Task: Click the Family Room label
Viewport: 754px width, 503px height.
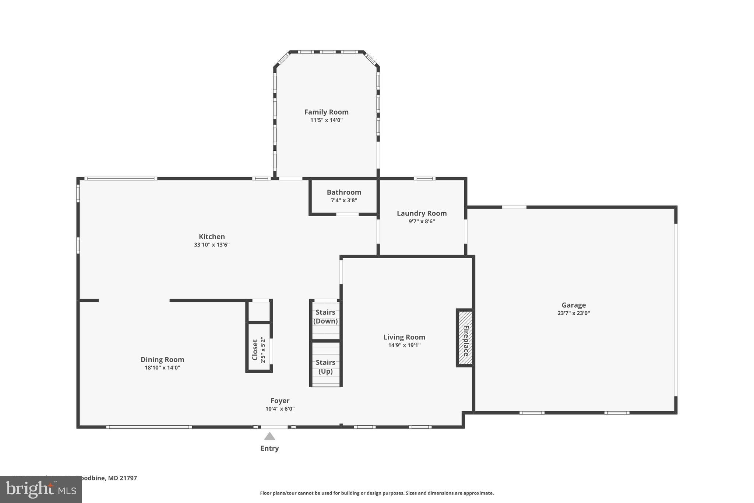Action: (326, 112)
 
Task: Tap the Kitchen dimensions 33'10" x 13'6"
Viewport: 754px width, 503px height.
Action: (212, 245)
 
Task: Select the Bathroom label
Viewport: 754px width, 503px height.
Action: (344, 192)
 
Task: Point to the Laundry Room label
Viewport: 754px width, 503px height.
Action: (422, 213)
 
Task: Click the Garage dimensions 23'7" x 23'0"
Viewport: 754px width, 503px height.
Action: (574, 313)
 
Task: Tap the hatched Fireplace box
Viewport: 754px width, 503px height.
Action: (465, 338)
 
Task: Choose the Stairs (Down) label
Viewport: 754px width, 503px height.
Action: (325, 317)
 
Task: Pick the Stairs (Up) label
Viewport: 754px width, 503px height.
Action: (325, 367)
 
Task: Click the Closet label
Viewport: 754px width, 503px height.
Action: (255, 350)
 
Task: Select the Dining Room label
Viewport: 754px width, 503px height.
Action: (162, 360)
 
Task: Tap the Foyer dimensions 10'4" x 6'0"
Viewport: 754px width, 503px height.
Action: (280, 409)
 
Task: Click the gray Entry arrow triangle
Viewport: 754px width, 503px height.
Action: (269, 436)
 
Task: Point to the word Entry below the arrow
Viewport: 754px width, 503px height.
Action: (269, 448)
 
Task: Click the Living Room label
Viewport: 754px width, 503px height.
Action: (404, 337)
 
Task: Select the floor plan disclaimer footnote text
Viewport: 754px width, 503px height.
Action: (377, 493)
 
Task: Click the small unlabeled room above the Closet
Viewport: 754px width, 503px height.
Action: (259, 312)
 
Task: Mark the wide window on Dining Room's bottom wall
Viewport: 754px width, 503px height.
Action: (149, 427)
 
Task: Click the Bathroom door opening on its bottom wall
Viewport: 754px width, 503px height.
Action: (347, 214)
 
